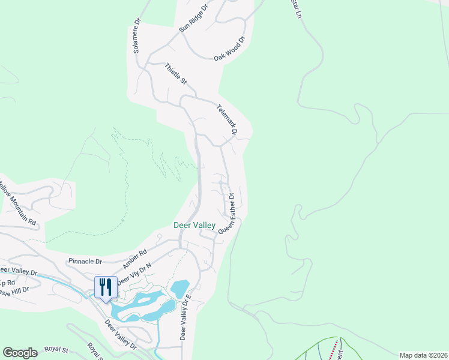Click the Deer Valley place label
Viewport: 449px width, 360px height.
click(194, 225)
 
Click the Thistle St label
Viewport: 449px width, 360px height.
click(176, 73)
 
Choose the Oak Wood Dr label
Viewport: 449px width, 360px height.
click(231, 49)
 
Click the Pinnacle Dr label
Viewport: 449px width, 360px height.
click(85, 261)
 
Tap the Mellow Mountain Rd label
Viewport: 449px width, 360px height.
click(18, 205)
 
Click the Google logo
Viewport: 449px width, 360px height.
click(20, 353)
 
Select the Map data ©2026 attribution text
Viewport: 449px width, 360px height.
click(423, 355)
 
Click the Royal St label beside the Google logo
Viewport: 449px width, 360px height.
click(56, 349)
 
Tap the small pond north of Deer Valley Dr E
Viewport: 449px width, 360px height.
click(180, 289)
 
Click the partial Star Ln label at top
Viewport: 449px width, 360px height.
click(295, 7)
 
